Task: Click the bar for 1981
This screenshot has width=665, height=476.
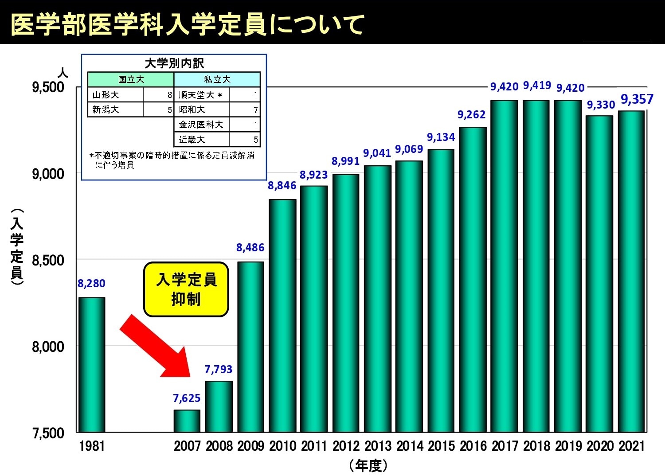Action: click(92, 364)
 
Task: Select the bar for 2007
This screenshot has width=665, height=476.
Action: click(187, 421)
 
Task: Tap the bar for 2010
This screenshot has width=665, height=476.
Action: click(282, 316)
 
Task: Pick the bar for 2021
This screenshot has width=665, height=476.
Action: click(631, 271)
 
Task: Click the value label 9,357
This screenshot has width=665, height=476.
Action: click(637, 99)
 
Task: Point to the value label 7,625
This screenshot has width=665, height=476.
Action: click(187, 398)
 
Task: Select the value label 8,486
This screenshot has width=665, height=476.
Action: click(250, 247)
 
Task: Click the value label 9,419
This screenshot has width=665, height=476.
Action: click(537, 85)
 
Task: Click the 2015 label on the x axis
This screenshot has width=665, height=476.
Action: click(441, 446)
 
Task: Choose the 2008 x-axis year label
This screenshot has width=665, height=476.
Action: click(219, 446)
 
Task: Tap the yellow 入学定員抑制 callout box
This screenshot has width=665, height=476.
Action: click(186, 289)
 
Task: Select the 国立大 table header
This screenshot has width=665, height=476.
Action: click(131, 80)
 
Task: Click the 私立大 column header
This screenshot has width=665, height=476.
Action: click(217, 80)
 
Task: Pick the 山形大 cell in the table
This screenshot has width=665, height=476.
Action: click(106, 95)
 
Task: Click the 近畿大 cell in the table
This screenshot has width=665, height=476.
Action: click(192, 140)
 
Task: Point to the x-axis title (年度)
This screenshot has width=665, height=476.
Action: click(368, 465)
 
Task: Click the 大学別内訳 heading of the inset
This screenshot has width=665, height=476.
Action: click(174, 63)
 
